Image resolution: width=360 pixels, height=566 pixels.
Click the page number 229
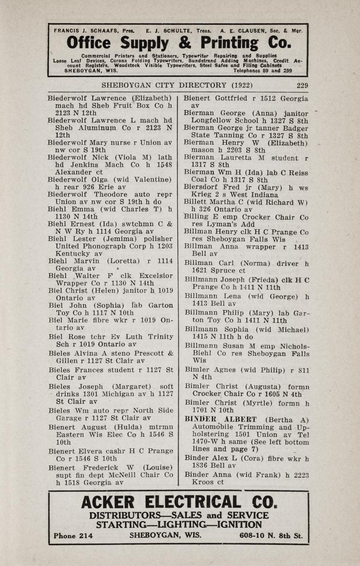point(302,85)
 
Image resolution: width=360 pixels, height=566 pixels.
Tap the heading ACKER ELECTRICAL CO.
point(179,502)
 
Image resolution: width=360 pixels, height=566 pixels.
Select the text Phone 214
point(73,536)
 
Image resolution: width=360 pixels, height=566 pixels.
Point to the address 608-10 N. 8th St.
point(271,535)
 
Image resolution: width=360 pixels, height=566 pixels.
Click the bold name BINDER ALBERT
point(221,419)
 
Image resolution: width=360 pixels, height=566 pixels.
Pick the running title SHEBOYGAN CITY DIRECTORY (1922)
point(177,85)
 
